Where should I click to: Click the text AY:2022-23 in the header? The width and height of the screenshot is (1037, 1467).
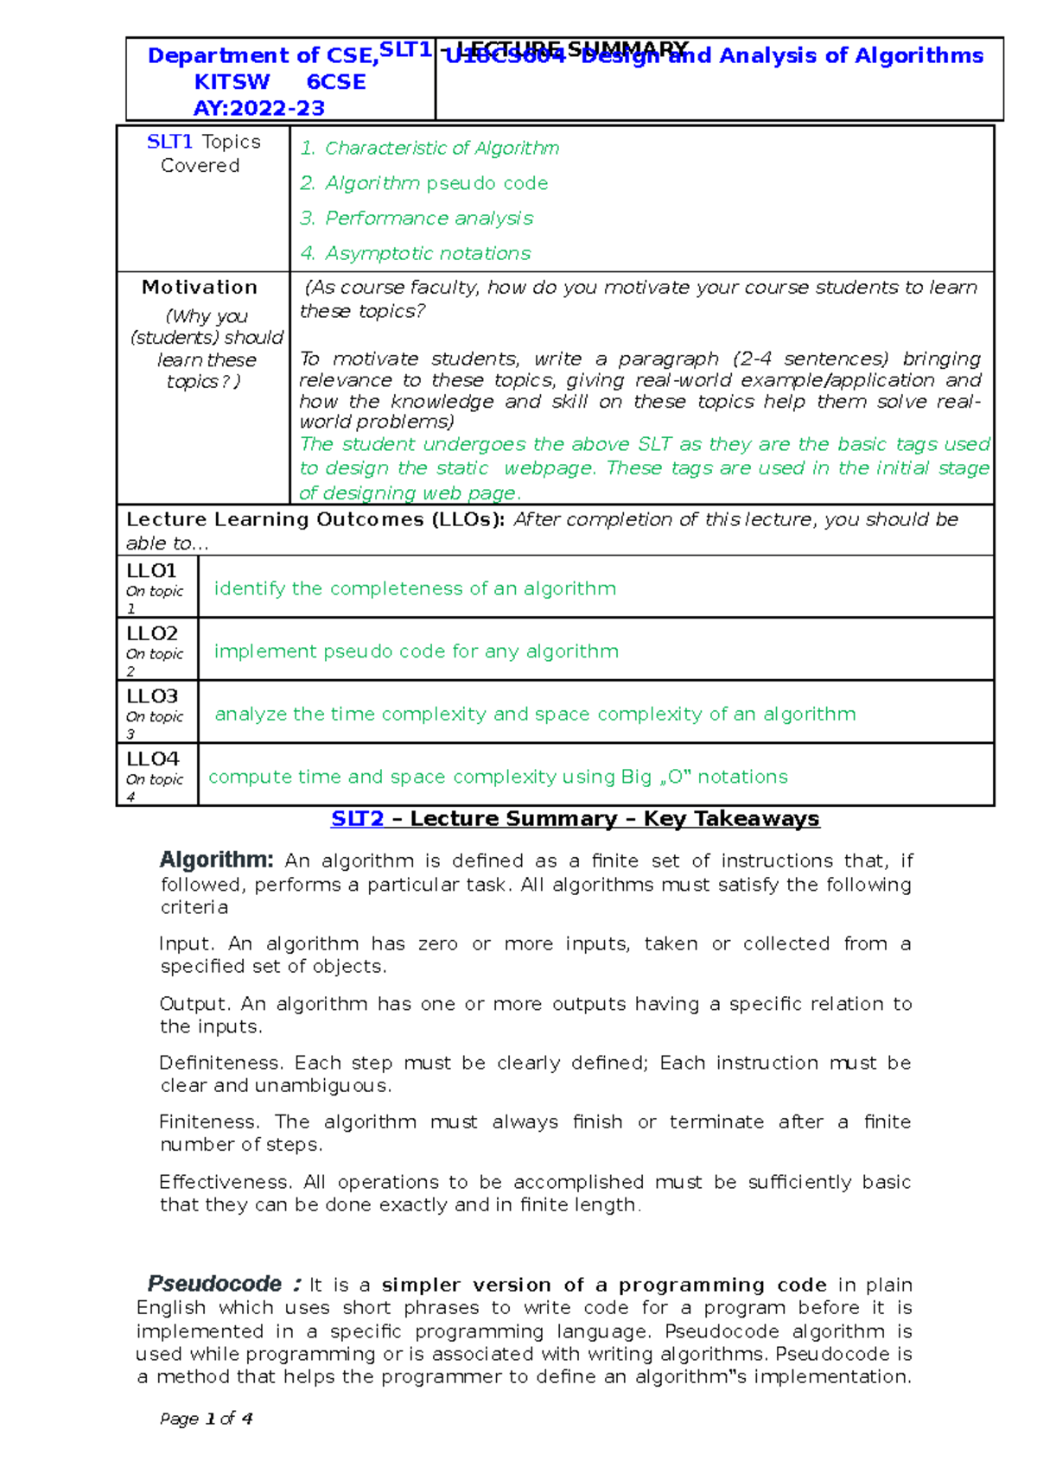[258, 109]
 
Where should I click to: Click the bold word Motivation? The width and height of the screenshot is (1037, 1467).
[200, 288]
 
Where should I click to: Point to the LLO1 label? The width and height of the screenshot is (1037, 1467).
[151, 571]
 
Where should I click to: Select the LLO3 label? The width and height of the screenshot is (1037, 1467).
[151, 696]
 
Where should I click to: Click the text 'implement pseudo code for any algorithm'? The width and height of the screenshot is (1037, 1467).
[416, 651]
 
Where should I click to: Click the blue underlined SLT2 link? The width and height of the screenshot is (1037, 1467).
[357, 819]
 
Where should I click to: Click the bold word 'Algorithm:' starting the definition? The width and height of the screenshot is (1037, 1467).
[216, 861]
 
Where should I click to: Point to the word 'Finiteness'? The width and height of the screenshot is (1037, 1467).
[208, 1122]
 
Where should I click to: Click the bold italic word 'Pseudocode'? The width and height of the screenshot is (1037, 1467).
[214, 1284]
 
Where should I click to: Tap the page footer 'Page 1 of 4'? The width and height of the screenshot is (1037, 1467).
[207, 1419]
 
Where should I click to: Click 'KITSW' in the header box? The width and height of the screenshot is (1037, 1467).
[232, 82]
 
